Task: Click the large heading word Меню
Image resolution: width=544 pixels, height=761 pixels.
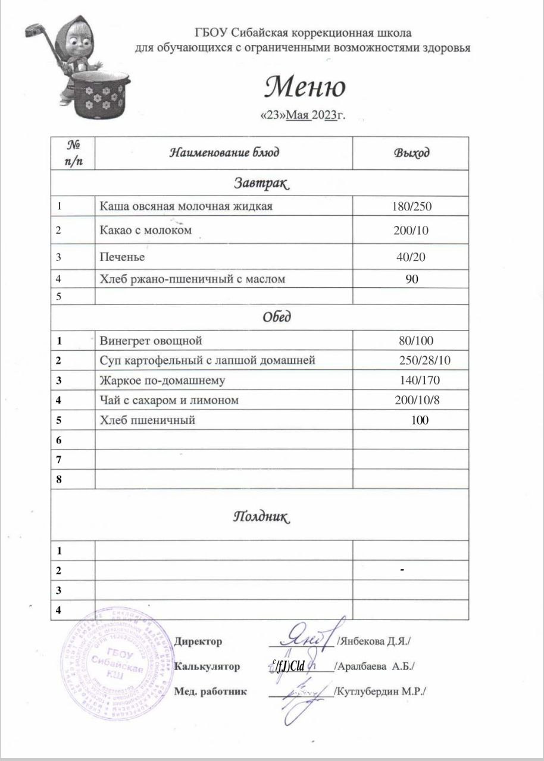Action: click(305, 88)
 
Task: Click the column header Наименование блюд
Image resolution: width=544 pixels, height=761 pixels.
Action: click(224, 153)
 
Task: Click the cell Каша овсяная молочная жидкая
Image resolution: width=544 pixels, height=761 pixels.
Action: click(186, 206)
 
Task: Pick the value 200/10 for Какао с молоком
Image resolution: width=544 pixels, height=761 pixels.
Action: click(411, 230)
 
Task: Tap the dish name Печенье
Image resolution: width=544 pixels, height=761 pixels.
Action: click(122, 257)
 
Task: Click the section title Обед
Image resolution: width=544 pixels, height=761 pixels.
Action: click(277, 317)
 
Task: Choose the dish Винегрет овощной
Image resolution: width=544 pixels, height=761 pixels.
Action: click(151, 341)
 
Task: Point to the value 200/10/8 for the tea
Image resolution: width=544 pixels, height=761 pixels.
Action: click(417, 400)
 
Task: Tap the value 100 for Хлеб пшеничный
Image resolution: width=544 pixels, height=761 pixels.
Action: click(420, 420)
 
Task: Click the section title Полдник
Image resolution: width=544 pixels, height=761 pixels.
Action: click(260, 516)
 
